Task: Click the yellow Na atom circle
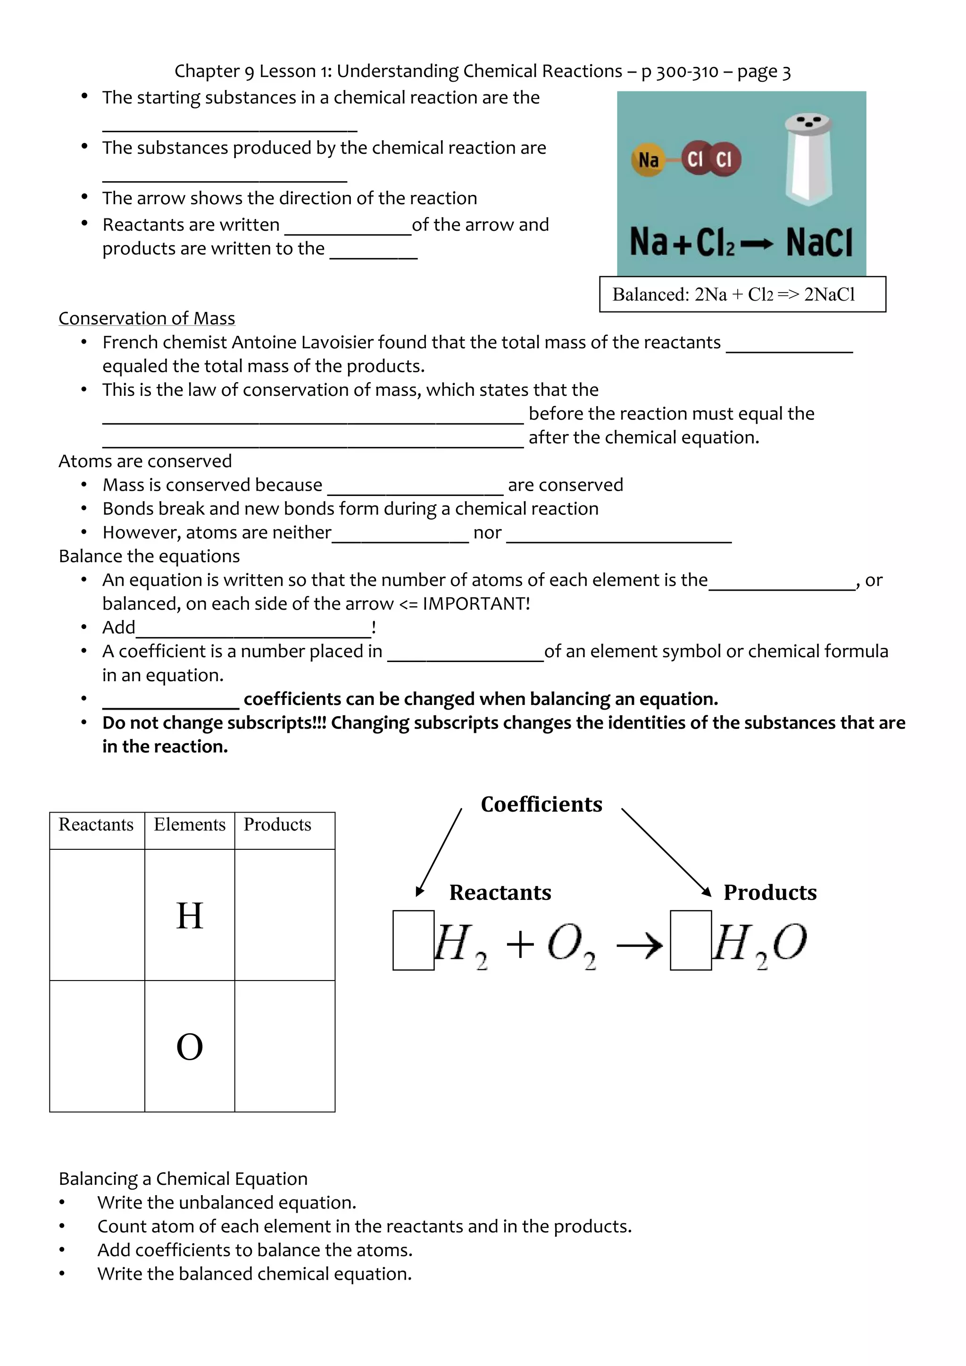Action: [x=649, y=159]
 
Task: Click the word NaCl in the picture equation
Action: [x=819, y=242]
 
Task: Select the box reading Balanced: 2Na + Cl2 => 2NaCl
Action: [x=742, y=294]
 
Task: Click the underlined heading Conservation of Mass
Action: [x=147, y=318]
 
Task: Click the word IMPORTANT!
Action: [x=476, y=604]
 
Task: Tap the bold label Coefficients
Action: [x=541, y=805]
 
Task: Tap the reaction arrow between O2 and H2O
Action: [x=640, y=945]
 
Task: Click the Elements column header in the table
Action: [x=190, y=825]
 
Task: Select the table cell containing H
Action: [x=190, y=915]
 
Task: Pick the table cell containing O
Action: [x=190, y=1046]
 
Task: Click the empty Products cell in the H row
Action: [x=285, y=915]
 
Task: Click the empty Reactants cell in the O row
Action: [x=97, y=1046]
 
